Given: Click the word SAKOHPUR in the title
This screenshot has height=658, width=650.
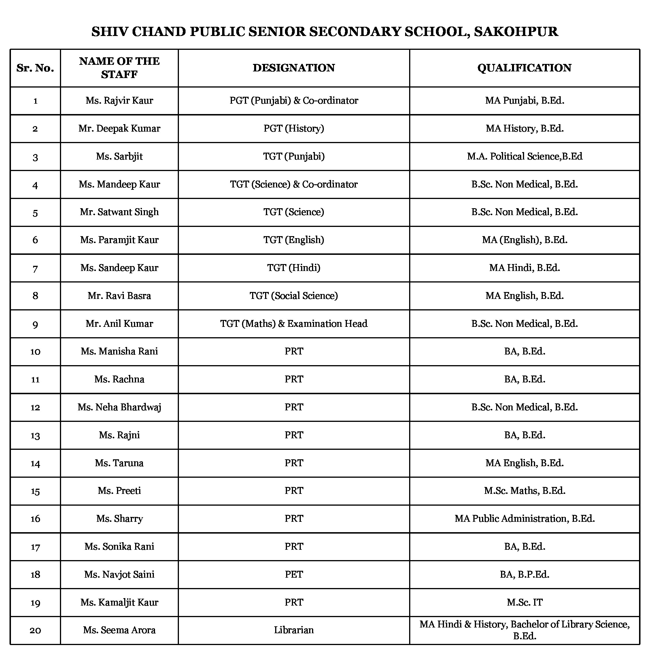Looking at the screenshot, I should [x=516, y=32].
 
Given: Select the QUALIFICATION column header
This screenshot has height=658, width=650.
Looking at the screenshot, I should [x=524, y=68].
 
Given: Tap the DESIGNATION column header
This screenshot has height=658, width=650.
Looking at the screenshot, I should [x=294, y=68].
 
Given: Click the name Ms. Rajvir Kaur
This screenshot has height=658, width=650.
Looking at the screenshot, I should [x=119, y=100].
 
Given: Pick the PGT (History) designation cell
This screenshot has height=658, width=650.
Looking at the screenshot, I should [x=294, y=128].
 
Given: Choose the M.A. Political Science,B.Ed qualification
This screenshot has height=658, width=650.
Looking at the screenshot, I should [x=524, y=156].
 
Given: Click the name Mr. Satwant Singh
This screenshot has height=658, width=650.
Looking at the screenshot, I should [x=119, y=212].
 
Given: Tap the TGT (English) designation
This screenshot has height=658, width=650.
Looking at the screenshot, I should [x=294, y=240].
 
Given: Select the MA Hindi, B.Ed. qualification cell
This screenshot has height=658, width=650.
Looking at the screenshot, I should [x=524, y=268].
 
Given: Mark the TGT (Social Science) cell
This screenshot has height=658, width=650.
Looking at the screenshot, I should [x=294, y=296].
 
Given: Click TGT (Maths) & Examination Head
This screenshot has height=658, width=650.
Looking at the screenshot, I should [x=294, y=324].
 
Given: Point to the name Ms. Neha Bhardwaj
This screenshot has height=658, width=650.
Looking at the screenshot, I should [x=119, y=407].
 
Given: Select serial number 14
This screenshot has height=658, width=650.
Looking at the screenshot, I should [x=35, y=463].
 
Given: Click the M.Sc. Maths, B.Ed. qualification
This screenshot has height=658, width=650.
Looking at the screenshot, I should [x=524, y=491].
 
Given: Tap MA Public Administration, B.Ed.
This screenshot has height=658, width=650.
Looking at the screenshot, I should [x=524, y=519].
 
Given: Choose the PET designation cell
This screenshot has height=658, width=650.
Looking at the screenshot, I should [x=294, y=574].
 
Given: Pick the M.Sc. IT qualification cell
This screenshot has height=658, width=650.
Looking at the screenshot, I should [x=524, y=602].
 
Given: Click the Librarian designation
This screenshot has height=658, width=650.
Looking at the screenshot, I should [x=294, y=630].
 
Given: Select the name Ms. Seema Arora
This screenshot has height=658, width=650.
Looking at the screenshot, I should [x=119, y=630].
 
